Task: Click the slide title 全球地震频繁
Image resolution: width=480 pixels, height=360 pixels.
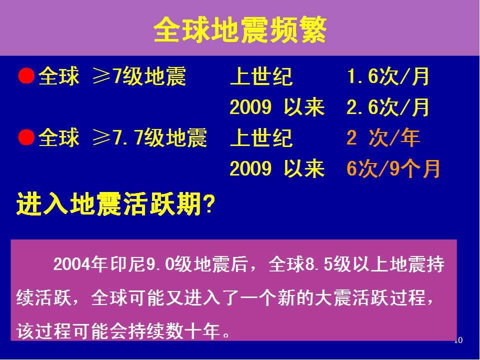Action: [x=240, y=30]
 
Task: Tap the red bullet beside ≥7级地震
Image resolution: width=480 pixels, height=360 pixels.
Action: [x=26, y=76]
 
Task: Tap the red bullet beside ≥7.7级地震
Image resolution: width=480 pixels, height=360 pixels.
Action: [x=26, y=137]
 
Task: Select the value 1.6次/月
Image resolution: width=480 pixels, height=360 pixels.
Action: [x=388, y=76]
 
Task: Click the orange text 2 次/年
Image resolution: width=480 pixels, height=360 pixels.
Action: [x=383, y=138]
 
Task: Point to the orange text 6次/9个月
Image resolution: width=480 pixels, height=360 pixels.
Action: [x=393, y=168]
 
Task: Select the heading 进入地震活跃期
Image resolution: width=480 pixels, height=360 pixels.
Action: [x=108, y=204]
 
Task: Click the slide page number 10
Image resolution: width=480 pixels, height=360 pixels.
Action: [x=458, y=340]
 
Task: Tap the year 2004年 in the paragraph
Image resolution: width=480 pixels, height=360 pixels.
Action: [x=80, y=264]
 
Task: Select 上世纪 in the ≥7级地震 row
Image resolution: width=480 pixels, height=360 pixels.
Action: [x=261, y=76]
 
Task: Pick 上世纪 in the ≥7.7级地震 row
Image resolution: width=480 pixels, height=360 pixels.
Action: [x=261, y=138]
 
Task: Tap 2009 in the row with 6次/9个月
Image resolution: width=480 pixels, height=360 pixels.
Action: [x=250, y=168]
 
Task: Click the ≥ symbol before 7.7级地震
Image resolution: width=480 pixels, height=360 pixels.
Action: [x=101, y=138]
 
